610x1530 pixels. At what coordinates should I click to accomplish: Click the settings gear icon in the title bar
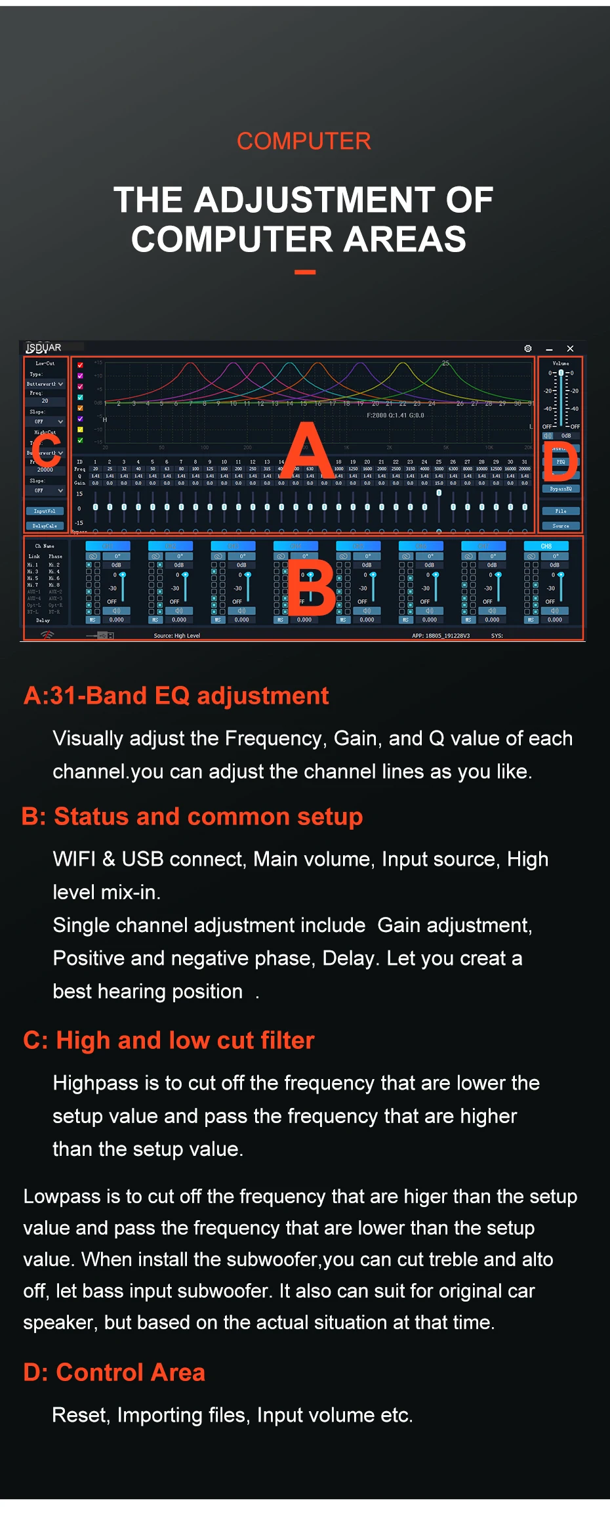(x=527, y=349)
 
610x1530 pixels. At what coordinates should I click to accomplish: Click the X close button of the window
(x=570, y=349)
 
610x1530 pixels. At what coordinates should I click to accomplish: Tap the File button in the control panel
(x=561, y=511)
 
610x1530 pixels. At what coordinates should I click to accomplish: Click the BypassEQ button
(x=561, y=489)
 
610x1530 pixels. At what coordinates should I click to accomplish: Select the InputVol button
(x=45, y=511)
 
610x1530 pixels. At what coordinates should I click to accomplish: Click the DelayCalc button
(x=45, y=526)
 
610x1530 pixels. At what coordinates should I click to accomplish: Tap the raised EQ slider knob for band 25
(x=439, y=492)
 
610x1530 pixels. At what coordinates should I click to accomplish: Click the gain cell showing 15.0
(x=439, y=483)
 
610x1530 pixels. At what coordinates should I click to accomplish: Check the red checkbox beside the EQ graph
(x=80, y=365)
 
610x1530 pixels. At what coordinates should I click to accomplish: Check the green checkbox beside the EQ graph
(x=80, y=440)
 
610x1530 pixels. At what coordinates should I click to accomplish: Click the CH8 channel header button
(x=546, y=546)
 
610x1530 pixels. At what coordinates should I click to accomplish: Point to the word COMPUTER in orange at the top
(x=304, y=141)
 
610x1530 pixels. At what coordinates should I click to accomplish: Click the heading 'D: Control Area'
(x=114, y=1372)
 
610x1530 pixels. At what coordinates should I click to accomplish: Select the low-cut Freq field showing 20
(x=45, y=400)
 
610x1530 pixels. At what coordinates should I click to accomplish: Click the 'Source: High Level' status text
(x=176, y=635)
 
